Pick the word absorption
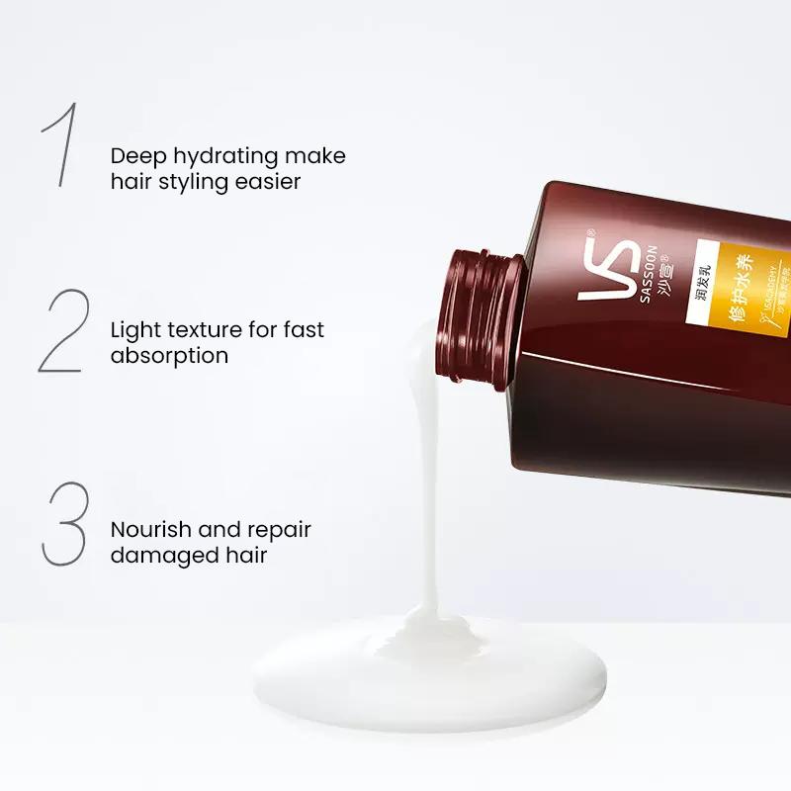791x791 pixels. coord(169,354)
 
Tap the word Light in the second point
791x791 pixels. coord(134,329)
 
